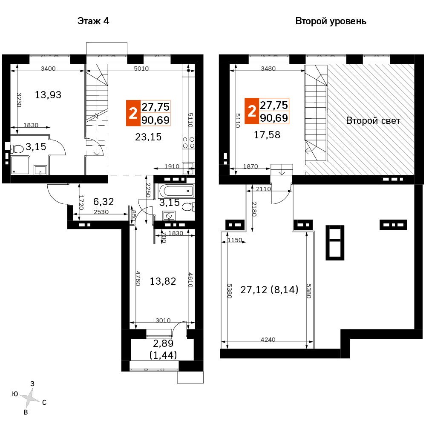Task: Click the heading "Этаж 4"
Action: (93, 21)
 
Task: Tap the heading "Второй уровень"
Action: (331, 21)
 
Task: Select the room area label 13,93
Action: (48, 95)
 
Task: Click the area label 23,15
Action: (148, 137)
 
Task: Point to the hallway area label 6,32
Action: (104, 202)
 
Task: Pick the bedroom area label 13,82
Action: (163, 281)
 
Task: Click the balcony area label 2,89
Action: (163, 343)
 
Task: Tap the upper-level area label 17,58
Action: (267, 135)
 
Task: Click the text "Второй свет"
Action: (373, 120)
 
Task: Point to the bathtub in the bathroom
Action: (176, 191)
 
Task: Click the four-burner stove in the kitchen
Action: (189, 143)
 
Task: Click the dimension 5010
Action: (141, 69)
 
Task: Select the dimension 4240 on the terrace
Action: (268, 339)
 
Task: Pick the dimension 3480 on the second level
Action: (268, 69)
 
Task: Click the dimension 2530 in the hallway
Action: (101, 212)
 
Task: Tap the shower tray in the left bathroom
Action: (20, 165)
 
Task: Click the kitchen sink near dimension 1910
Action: (188, 169)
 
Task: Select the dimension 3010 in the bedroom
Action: (163, 320)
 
